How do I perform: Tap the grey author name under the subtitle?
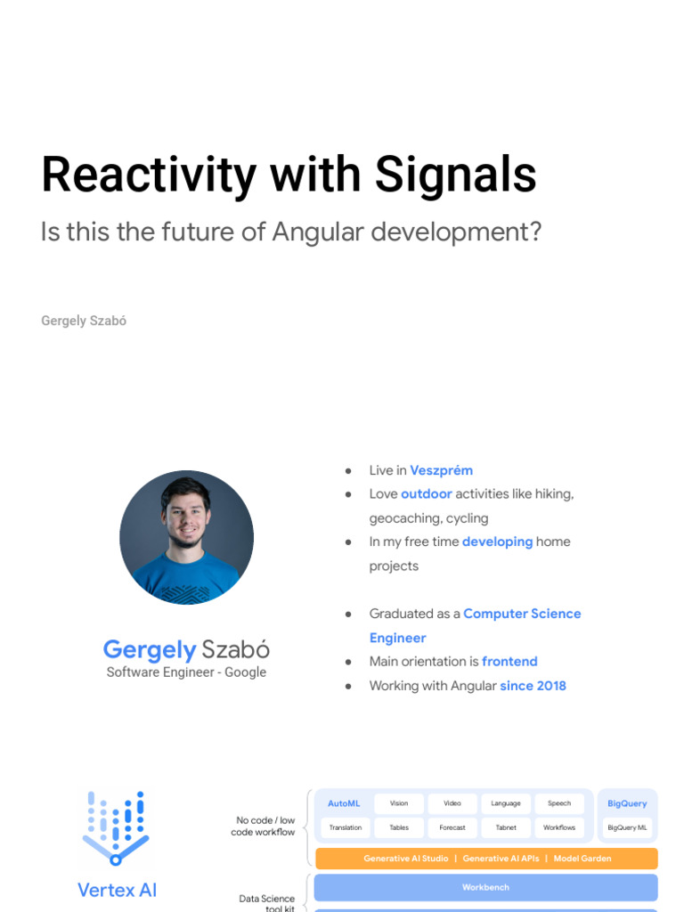click(x=84, y=321)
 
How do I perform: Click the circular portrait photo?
click(x=186, y=537)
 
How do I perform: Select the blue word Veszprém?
click(x=441, y=470)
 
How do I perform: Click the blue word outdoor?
click(x=427, y=493)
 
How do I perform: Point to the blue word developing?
click(x=497, y=541)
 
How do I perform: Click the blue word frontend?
click(x=509, y=661)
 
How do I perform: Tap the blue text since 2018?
click(x=533, y=685)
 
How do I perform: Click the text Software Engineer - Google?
click(x=186, y=672)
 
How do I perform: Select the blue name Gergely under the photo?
click(x=149, y=649)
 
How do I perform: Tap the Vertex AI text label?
click(x=117, y=889)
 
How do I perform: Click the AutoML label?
click(x=344, y=803)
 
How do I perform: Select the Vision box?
click(x=399, y=803)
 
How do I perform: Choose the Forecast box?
click(x=452, y=827)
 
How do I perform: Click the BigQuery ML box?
click(x=627, y=827)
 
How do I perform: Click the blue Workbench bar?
click(x=485, y=888)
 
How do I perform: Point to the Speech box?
click(x=559, y=803)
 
